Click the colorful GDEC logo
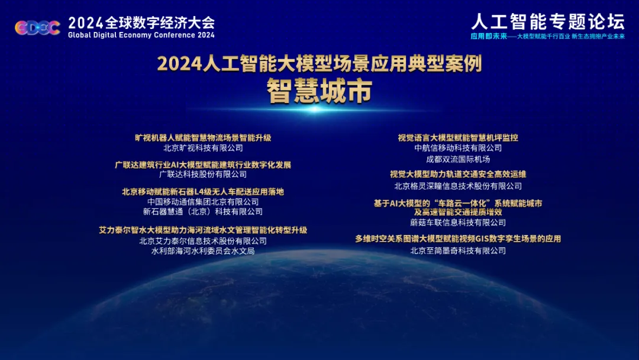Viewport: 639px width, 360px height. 37,28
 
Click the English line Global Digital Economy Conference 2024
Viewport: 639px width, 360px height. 141,35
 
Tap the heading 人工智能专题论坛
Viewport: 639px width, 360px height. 548,21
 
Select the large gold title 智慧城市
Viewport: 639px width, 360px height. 319,91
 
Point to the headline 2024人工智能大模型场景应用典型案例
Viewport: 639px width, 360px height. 319,63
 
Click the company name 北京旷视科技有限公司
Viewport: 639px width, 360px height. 203,148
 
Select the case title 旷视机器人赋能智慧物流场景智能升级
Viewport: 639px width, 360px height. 203,138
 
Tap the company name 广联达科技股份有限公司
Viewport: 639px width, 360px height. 203,175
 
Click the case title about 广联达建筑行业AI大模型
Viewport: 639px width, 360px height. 203,165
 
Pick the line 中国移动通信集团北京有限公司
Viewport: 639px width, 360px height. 203,202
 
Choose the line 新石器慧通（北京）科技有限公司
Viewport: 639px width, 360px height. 203,211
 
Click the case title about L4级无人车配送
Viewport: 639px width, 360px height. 203,192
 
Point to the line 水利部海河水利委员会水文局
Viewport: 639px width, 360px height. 203,251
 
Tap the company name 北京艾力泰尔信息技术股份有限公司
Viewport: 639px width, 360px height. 203,241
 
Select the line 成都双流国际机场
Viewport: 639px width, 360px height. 458,159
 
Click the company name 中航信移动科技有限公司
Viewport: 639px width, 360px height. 458,148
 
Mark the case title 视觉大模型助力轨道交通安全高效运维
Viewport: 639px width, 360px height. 458,175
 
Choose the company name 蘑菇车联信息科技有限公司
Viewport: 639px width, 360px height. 458,223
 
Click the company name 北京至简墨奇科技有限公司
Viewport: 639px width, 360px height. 458,250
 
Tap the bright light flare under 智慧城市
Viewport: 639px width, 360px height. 315,110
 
